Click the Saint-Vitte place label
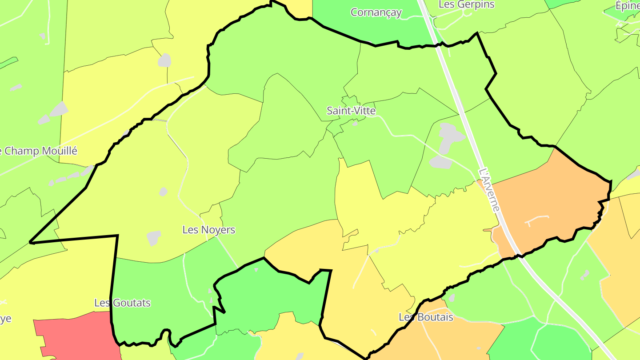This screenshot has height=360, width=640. [351, 111]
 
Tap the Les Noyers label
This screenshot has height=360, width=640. [209, 230]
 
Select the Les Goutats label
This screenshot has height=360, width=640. [122, 303]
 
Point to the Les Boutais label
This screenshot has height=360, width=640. [426, 317]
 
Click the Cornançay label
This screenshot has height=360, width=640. [376, 12]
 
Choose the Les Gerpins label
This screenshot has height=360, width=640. [466, 4]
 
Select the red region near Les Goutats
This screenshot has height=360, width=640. [76, 336]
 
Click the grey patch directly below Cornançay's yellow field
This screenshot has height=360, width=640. [164, 60]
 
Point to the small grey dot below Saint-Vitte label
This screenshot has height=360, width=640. [355, 124]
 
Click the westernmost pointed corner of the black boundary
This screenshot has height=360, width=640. [30, 242]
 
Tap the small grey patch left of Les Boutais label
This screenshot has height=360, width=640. [452, 298]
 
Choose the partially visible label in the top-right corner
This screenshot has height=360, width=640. [628, 5]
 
